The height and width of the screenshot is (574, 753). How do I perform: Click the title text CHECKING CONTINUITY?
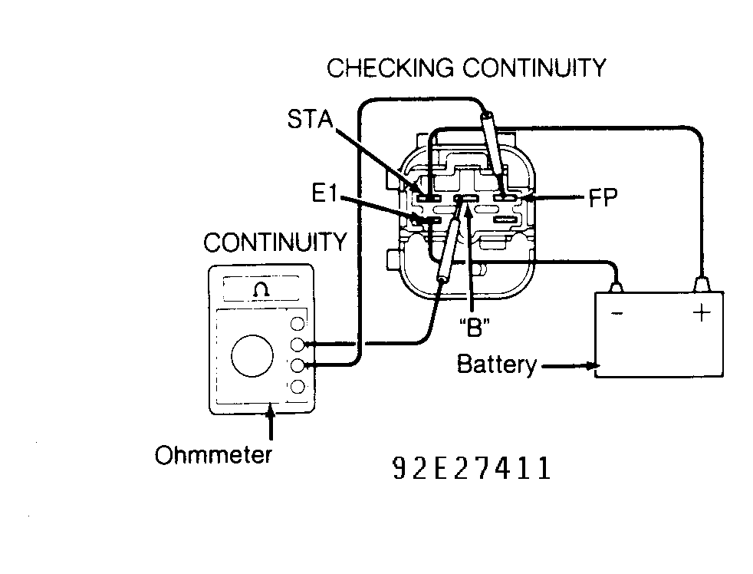click(465, 68)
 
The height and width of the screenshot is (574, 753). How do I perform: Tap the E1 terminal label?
click(325, 193)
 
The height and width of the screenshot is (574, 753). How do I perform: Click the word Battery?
click(496, 364)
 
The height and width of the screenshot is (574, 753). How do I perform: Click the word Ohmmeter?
click(213, 455)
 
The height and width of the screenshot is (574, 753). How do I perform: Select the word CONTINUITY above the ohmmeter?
click(275, 243)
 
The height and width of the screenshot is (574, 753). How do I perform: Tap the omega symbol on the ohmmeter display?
click(261, 289)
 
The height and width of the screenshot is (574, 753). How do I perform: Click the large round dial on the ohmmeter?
click(254, 355)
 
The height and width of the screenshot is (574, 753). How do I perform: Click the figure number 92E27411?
click(471, 468)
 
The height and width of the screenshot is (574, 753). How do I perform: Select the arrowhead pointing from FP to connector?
click(530, 200)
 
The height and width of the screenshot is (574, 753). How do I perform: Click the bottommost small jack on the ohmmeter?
click(298, 385)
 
